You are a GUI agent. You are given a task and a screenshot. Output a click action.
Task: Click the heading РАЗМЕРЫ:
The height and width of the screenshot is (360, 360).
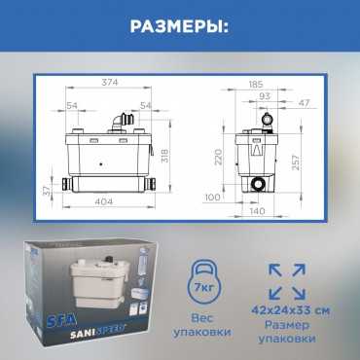click(x=179, y=27)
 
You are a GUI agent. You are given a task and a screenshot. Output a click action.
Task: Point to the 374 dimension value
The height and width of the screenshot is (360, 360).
click(x=110, y=83)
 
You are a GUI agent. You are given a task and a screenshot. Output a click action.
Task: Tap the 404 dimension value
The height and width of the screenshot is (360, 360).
click(x=104, y=201)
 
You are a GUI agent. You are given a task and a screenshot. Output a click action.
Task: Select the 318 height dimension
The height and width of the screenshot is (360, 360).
click(x=165, y=156)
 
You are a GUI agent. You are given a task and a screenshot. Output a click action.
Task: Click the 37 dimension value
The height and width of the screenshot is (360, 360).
click(x=48, y=191)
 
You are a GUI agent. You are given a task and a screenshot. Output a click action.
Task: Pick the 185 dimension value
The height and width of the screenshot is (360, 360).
click(x=256, y=85)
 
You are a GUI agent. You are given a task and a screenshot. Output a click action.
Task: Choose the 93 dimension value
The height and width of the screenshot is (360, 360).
click(x=265, y=96)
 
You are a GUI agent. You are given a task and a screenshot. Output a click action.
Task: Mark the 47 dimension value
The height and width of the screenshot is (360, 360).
click(x=304, y=103)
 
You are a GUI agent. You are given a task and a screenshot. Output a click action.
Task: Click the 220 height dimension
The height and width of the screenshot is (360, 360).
click(x=219, y=157)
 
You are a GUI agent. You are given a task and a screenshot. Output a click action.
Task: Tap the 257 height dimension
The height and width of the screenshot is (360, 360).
click(x=297, y=162)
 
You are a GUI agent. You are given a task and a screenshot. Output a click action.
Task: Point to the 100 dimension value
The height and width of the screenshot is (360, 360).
click(x=212, y=198)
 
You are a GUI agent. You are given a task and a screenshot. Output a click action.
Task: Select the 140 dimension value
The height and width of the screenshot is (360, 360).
click(x=257, y=211)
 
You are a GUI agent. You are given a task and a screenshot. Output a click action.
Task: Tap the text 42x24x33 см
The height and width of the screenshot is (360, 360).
click(x=291, y=310)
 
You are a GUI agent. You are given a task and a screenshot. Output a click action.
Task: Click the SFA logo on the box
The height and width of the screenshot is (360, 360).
click(x=65, y=321)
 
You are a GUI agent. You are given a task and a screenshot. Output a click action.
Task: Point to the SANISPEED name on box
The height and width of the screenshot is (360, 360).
click(x=98, y=334)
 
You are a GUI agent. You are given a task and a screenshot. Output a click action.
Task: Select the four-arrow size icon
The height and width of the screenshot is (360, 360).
click(x=287, y=281)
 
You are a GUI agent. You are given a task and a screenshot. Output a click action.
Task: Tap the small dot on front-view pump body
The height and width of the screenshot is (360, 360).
click(x=101, y=164)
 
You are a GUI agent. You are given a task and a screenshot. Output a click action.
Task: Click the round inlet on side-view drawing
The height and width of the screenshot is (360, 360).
click(x=259, y=184)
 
